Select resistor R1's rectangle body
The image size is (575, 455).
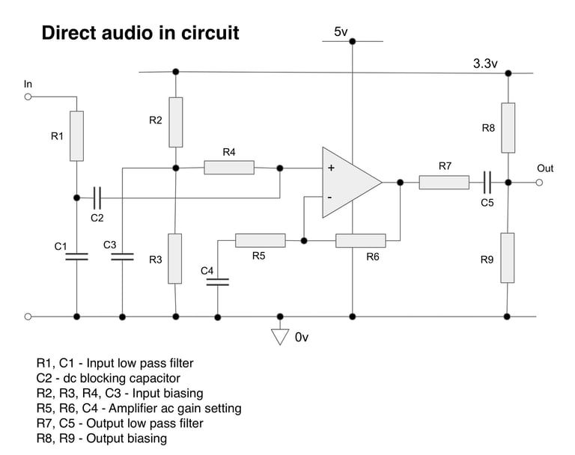point(76,135)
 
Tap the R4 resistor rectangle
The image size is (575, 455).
point(229,167)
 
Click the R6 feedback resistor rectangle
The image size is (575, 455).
point(360,240)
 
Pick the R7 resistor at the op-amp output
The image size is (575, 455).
point(444,182)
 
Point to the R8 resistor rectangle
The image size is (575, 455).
point(508,127)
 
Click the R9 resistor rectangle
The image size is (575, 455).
point(508,257)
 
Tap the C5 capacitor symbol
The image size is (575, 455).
point(487,182)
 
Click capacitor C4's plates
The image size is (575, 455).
point(217,282)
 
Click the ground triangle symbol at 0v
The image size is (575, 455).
point(280,336)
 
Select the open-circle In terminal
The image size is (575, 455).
point(28,97)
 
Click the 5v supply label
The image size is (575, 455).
point(341,31)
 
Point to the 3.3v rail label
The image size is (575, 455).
point(485,64)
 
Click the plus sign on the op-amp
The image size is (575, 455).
point(330,168)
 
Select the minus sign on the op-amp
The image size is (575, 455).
point(329,197)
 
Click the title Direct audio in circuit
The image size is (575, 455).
point(140,33)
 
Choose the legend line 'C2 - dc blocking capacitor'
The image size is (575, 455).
point(108,378)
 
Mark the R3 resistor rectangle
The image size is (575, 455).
point(174,258)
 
